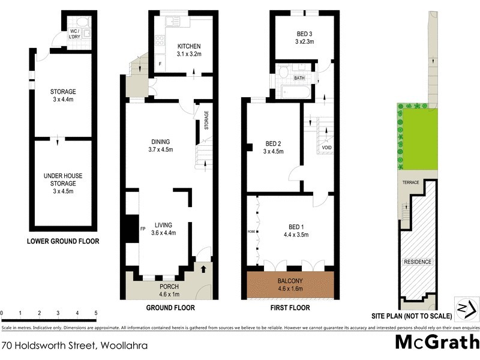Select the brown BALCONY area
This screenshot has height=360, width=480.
290,284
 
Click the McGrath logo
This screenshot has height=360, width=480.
437,343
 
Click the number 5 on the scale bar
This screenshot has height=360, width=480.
96,313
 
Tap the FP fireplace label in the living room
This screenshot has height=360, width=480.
143,229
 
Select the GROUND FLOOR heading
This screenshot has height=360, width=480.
171,308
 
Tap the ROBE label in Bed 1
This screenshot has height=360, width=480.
251,230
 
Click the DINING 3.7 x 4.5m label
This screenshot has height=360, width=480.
161,145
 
